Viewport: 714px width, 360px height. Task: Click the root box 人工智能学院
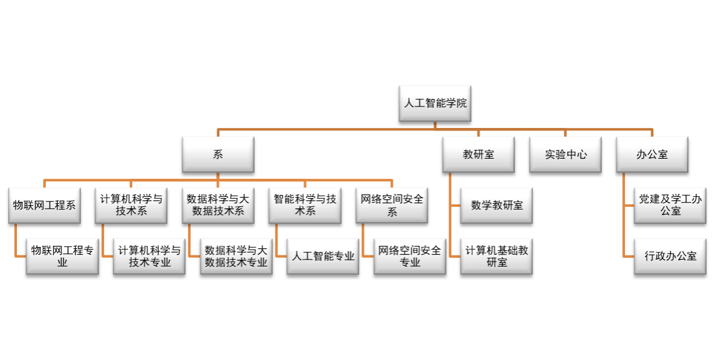coord(435,103)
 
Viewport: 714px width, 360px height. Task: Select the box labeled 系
coord(218,154)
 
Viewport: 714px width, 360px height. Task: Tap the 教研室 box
coord(478,154)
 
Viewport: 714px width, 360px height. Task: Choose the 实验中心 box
coord(565,154)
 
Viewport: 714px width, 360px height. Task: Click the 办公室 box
coord(652,154)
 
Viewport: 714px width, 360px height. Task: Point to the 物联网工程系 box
coord(44,205)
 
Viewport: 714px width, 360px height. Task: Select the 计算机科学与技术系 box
coord(131,205)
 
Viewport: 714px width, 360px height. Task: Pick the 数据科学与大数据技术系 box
coord(218,205)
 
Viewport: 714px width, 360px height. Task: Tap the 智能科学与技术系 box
coord(305,205)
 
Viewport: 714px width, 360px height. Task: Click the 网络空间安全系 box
coord(392,205)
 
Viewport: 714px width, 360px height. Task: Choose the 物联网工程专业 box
coord(62,256)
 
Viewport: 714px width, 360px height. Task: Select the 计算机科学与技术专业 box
coord(149,256)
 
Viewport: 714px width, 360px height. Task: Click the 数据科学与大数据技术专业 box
coord(236,256)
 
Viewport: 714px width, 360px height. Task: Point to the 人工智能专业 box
coord(323,256)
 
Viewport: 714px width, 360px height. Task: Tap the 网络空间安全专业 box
coord(410,256)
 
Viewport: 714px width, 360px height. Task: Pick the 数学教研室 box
coord(496,205)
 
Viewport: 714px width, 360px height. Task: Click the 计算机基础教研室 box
coord(496,256)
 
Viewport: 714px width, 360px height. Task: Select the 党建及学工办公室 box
coord(670,205)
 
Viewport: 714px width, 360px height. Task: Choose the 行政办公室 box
coord(670,256)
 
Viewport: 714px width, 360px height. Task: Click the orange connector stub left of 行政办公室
coord(629,256)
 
